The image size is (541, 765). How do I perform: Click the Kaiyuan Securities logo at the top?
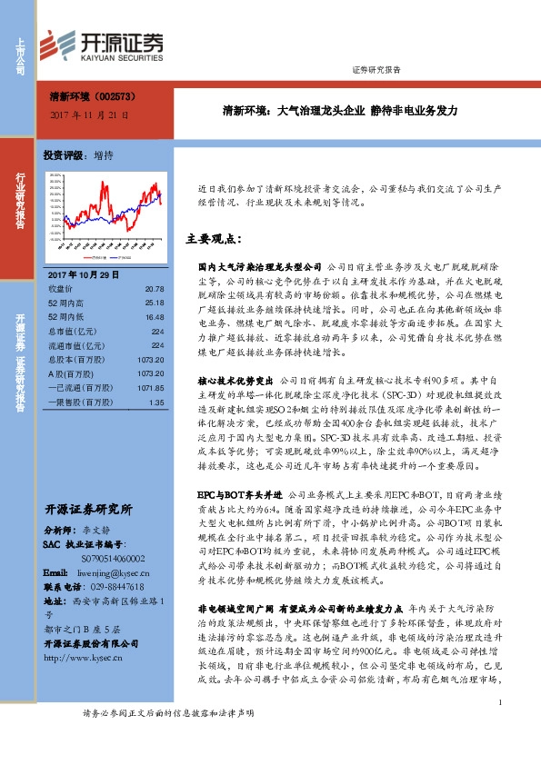[106, 44]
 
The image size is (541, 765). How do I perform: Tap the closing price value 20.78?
[155, 288]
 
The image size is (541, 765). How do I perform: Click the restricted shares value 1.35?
[157, 402]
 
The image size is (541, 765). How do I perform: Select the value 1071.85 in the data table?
[151, 386]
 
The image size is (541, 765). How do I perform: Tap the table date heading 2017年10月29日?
[77, 274]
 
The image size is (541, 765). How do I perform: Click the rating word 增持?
[104, 155]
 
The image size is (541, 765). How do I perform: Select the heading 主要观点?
[213, 240]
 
